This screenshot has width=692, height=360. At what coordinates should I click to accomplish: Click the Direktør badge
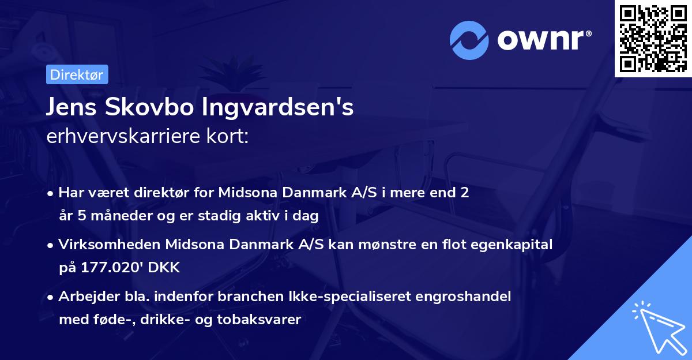tap(77, 74)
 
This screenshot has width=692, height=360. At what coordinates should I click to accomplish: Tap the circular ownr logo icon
tap(470, 40)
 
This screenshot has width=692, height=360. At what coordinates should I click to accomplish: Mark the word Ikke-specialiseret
tap(338, 297)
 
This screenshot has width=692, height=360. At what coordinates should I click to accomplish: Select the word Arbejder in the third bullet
tap(85, 297)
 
